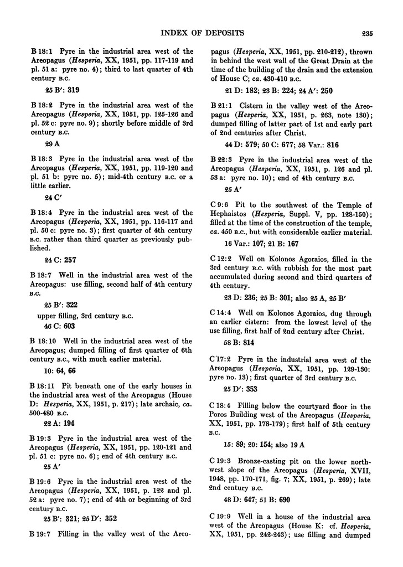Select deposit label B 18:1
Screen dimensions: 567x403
click(41, 51)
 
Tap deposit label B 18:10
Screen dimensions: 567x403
click(43, 341)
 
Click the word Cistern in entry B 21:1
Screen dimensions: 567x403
click(257, 105)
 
